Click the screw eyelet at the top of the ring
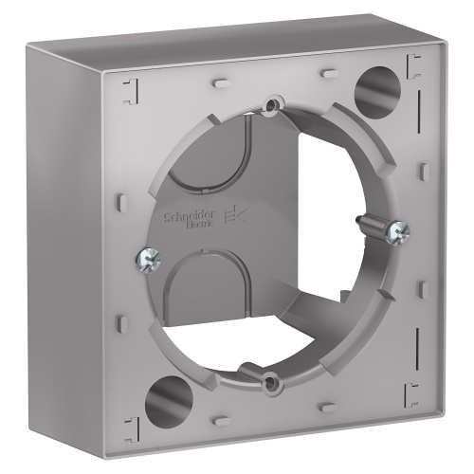point(274,103)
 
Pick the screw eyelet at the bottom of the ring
point(271,383)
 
